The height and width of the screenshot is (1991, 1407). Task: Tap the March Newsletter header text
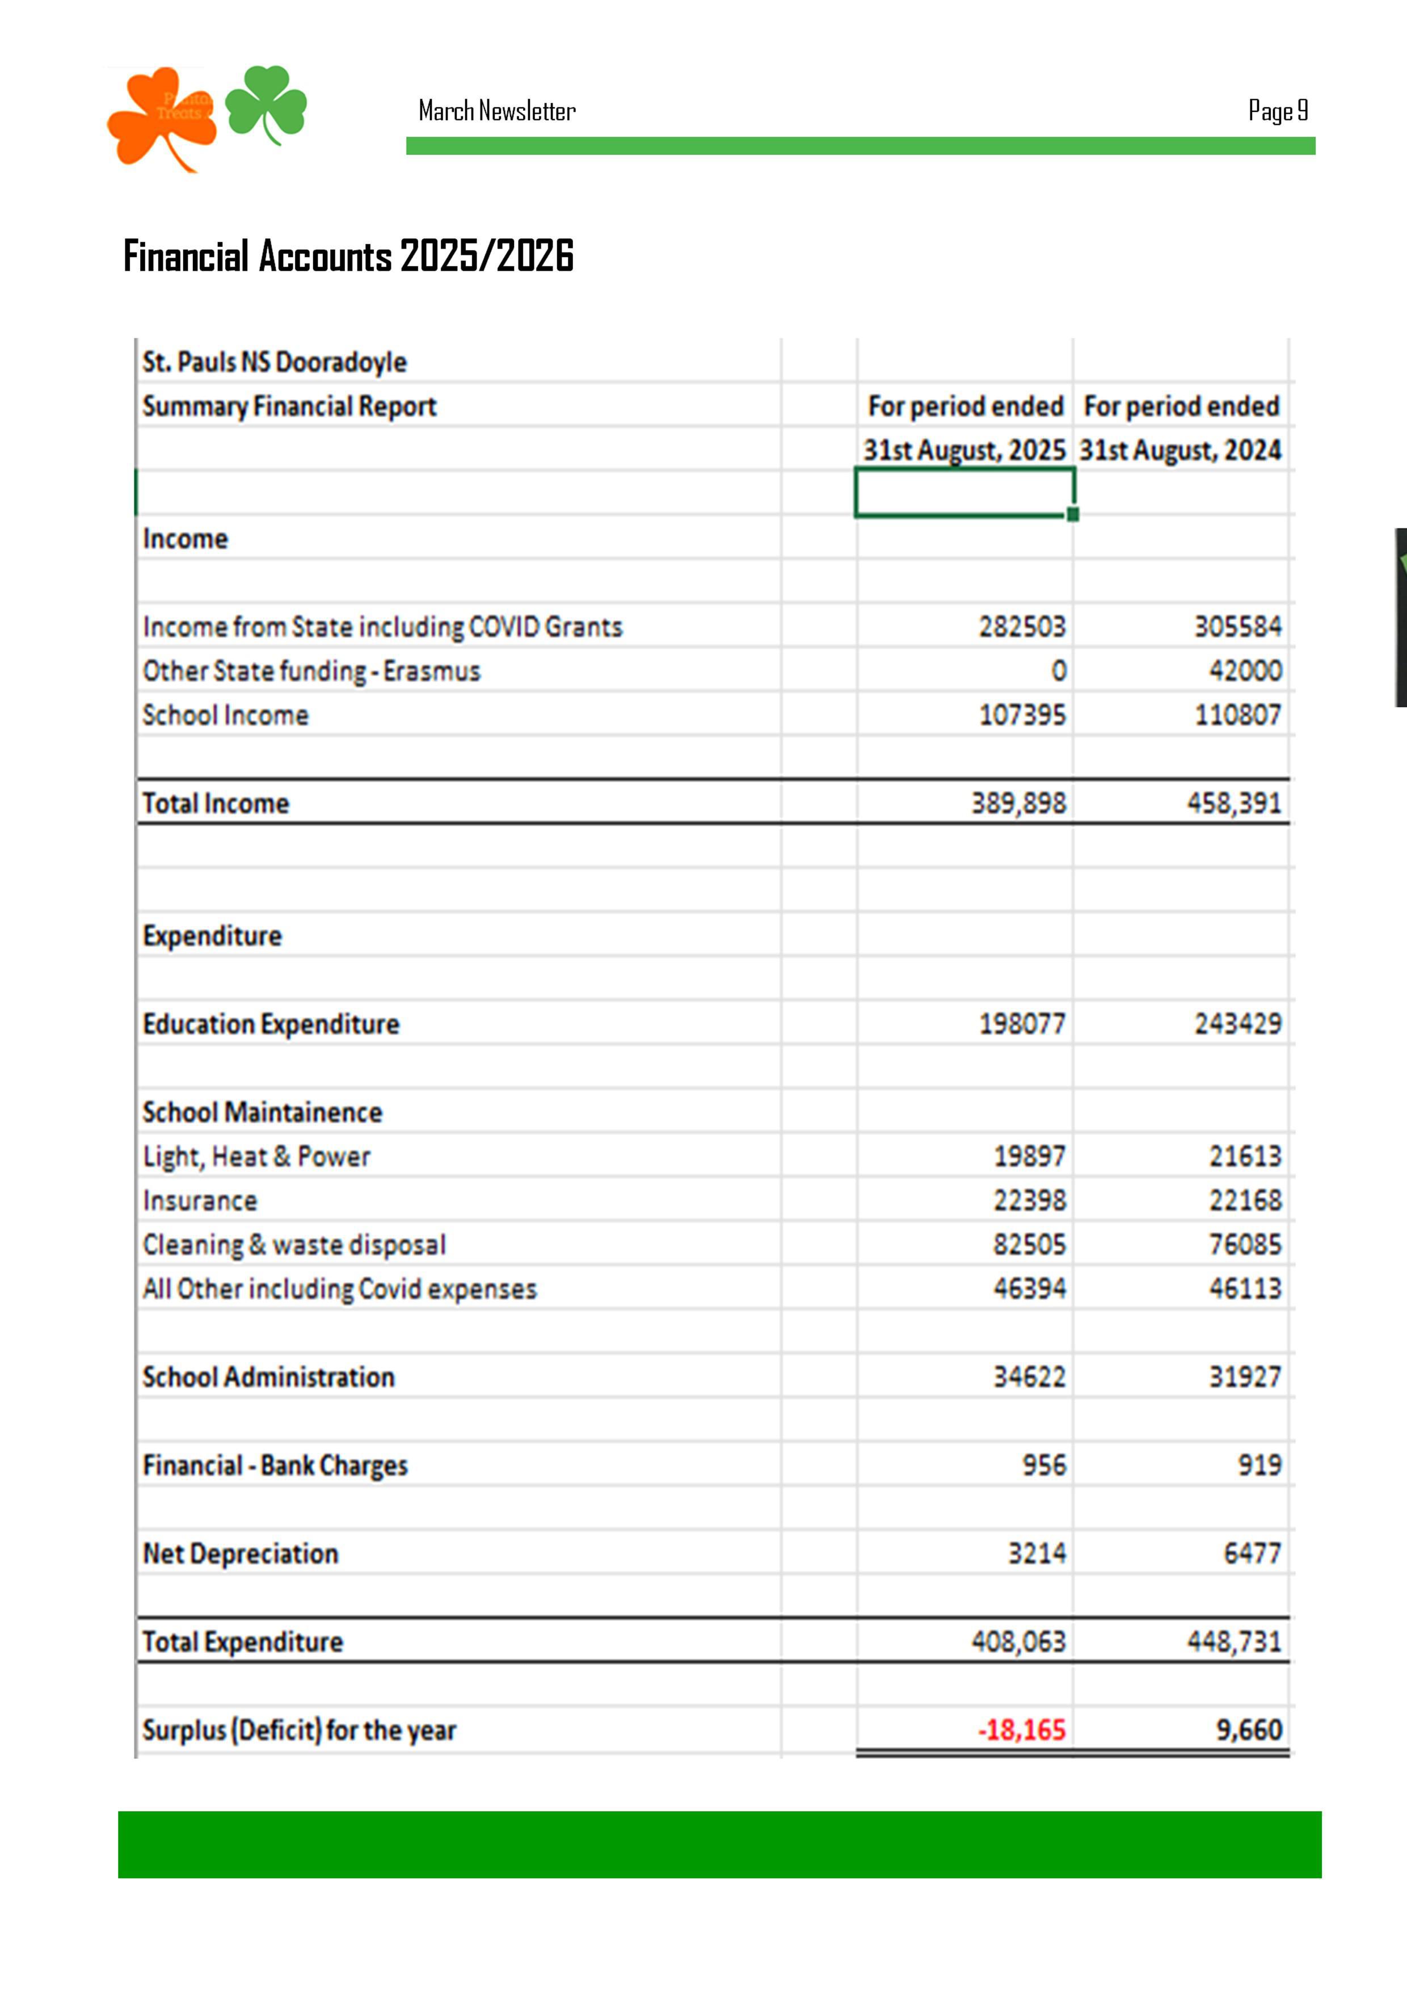[497, 111]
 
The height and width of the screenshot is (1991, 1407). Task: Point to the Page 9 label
[1277, 111]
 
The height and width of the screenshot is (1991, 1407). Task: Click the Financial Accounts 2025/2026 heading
[348, 256]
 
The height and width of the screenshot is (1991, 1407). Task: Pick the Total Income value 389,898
[1018, 803]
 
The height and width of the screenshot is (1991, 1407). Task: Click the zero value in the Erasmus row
[1059, 670]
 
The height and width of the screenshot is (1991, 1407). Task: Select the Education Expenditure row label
[271, 1024]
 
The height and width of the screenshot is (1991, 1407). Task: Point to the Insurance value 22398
[1029, 1200]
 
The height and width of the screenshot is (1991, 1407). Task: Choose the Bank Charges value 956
[1044, 1465]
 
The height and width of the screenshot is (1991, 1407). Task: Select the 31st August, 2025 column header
[964, 450]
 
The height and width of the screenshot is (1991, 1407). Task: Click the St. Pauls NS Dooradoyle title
[275, 362]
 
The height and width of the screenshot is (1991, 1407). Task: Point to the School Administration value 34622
[1029, 1376]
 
